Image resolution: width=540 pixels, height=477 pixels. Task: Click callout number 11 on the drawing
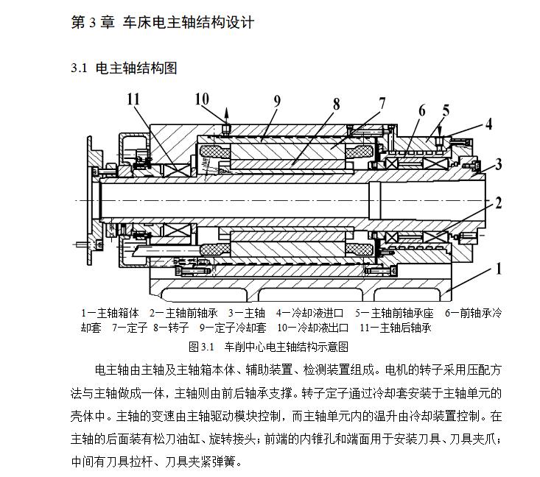point(133,99)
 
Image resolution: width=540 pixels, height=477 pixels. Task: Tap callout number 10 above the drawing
point(201,99)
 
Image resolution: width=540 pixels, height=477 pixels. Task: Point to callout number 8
point(336,104)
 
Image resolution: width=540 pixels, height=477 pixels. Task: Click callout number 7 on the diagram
point(380,104)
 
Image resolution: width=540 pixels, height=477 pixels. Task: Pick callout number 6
point(421,111)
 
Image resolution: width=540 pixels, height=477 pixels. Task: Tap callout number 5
point(446,111)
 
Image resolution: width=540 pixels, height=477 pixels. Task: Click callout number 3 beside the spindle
point(499,164)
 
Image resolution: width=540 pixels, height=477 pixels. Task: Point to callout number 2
point(499,202)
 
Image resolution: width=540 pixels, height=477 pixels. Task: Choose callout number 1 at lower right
point(499,269)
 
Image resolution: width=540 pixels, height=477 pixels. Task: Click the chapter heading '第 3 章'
point(91,22)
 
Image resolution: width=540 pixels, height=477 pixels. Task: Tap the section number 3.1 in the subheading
point(79,68)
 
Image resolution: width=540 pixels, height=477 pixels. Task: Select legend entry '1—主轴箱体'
point(110,313)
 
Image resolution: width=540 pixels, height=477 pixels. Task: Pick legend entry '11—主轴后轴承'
point(396,328)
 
